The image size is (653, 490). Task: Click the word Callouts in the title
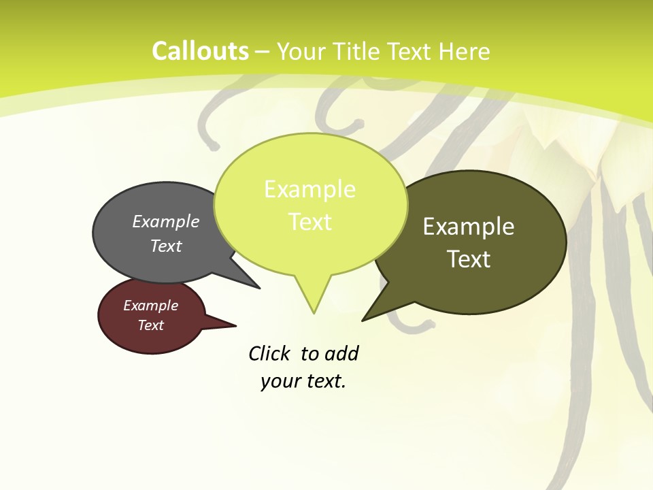pos(200,51)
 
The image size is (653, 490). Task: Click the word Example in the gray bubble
pos(166,222)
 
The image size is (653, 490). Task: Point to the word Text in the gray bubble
pos(166,246)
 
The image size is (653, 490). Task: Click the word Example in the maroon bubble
pos(151,306)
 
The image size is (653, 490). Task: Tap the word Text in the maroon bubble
pos(151,325)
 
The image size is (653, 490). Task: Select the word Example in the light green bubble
pos(309,189)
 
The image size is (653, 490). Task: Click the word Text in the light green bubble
pos(309,222)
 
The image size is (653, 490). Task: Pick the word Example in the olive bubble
pos(469,227)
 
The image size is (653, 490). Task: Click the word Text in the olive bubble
pos(469,259)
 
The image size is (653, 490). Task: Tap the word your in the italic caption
pos(280,381)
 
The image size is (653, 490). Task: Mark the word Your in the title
pos(300,51)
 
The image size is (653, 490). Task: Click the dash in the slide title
pos(263,51)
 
